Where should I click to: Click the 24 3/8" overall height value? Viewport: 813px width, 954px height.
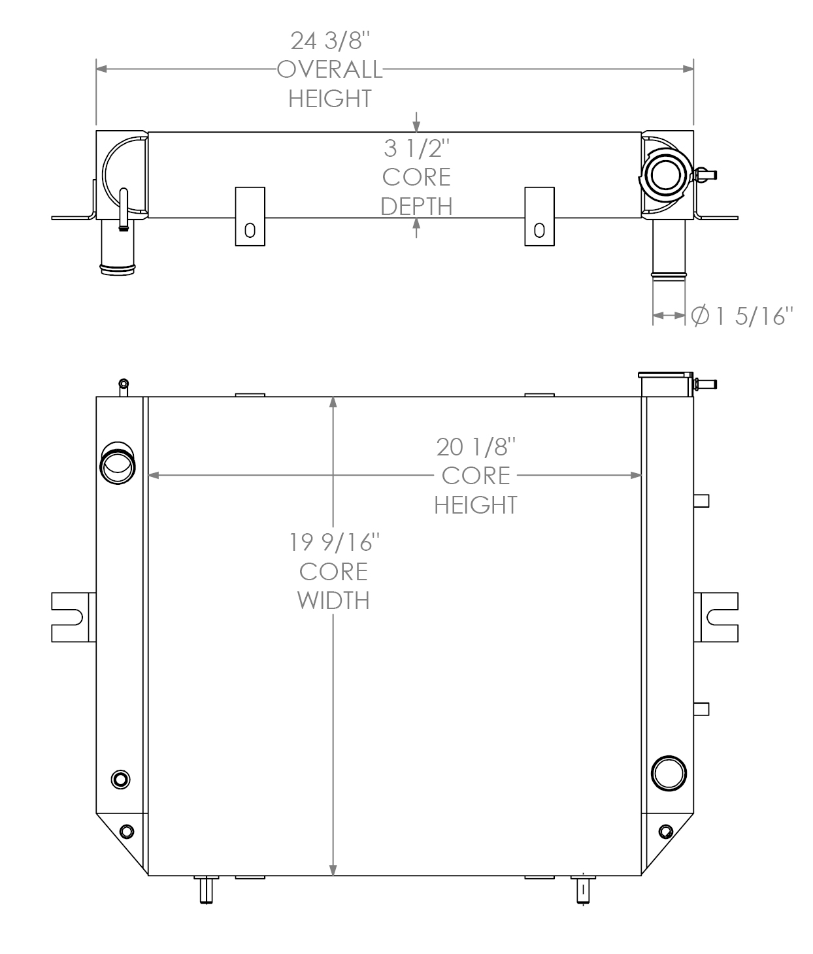330,41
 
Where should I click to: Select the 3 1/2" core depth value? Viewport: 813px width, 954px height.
416,149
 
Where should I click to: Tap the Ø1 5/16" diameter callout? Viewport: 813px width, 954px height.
742,316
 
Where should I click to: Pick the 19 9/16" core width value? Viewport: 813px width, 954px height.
333,542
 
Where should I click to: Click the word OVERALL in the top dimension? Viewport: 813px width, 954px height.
330,69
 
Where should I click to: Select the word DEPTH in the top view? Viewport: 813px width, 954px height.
416,206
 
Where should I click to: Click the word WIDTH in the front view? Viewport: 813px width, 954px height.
333,600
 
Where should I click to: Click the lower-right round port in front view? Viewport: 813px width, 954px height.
669,774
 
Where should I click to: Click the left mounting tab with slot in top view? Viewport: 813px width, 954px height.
250,217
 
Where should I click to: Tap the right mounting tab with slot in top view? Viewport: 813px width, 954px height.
539,217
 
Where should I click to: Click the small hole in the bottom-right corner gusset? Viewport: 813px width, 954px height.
665,831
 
